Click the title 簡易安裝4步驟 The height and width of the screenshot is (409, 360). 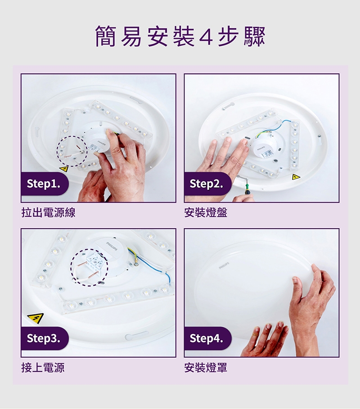[x=180, y=36]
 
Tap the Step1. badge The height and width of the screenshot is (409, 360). [x=45, y=184]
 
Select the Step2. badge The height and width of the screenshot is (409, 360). [x=207, y=184]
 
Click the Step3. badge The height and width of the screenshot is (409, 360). [x=45, y=338]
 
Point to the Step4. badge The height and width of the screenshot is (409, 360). [x=207, y=338]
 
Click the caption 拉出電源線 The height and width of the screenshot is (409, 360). [x=49, y=212]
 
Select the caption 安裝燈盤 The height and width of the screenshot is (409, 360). [x=206, y=212]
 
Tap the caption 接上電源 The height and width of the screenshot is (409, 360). [x=43, y=368]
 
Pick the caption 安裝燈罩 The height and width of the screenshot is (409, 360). [x=206, y=368]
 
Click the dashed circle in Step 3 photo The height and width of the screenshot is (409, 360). [x=71, y=267]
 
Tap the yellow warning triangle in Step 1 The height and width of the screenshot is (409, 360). [x=64, y=169]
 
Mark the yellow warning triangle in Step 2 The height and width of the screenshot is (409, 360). [x=296, y=177]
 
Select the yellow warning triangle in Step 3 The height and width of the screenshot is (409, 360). [x=36, y=318]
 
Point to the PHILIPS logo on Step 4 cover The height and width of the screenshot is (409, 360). [x=224, y=265]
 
